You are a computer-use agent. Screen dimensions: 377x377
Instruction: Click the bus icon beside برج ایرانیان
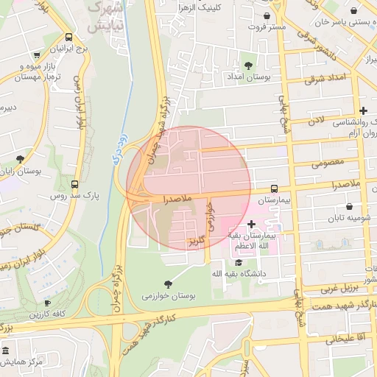click(x=68, y=37)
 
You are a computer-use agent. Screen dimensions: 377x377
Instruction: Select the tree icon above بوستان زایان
click(x=20, y=158)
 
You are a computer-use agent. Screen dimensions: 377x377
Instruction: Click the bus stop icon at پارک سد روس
click(x=74, y=184)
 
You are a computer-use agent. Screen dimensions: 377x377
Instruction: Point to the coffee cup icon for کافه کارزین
click(x=48, y=303)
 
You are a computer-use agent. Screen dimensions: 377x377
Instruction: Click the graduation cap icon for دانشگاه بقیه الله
click(x=238, y=262)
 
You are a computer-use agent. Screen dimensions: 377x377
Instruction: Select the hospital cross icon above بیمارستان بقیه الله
click(x=252, y=223)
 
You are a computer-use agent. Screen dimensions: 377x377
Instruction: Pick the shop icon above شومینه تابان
click(x=348, y=206)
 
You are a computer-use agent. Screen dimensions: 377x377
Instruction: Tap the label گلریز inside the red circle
click(x=195, y=241)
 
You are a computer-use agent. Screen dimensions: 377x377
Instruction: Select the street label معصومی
click(x=328, y=163)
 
